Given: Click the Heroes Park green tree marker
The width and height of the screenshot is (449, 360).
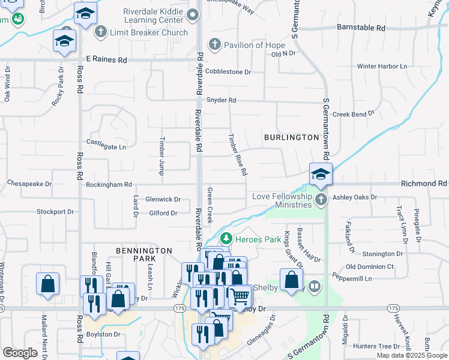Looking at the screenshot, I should click(x=226, y=239).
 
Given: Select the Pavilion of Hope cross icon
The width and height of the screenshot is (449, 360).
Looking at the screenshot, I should click(x=214, y=44).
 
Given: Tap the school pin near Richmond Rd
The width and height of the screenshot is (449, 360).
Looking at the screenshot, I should click(x=321, y=175).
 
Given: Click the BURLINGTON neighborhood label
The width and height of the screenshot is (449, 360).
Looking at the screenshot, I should click(x=291, y=137).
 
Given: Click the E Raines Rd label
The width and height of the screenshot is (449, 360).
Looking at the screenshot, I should click(x=107, y=60).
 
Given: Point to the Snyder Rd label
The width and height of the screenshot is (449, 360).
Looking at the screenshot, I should click(x=221, y=100).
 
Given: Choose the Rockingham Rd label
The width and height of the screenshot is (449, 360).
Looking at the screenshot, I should click(x=108, y=185).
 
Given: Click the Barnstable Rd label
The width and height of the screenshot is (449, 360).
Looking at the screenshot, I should click(x=360, y=28).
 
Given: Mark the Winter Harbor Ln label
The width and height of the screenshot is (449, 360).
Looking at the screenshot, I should click(x=382, y=66).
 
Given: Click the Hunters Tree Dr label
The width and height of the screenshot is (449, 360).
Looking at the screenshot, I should click(x=376, y=346).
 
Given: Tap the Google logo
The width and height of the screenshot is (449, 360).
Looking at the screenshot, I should click(x=20, y=353).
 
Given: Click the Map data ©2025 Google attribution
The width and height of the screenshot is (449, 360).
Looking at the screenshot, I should click(x=411, y=355).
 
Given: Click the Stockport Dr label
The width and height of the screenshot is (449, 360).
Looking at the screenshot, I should click(x=55, y=212).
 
